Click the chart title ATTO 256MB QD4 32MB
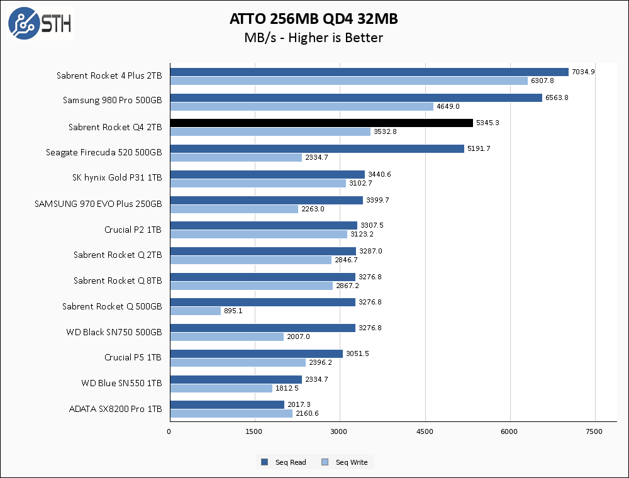click(313, 19)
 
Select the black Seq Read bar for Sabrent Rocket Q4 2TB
click(321, 123)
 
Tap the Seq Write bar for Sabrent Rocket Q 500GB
click(195, 311)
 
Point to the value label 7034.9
click(583, 72)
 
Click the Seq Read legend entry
click(284, 462)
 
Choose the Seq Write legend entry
click(345, 462)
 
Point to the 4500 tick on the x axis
click(425, 431)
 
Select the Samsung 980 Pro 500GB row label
click(112, 100)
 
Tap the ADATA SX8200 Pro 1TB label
click(115, 409)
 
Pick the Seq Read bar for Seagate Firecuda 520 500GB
click(317, 149)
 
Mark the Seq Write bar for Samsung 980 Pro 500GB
click(301, 107)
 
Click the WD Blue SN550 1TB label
click(121, 383)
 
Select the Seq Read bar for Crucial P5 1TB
click(256, 354)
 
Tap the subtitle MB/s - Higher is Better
click(313, 38)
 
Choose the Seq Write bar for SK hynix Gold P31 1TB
click(258, 183)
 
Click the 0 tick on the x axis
click(169, 431)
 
